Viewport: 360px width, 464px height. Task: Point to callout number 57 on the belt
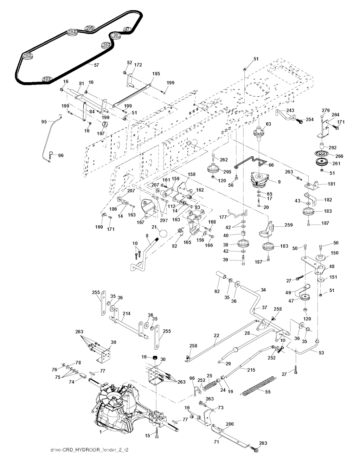click(x=96, y=65)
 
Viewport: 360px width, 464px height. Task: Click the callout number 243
click(x=290, y=110)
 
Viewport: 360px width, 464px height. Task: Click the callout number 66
click(x=271, y=165)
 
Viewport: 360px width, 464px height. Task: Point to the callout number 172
click(x=138, y=65)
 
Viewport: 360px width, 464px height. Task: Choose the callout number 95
click(x=44, y=122)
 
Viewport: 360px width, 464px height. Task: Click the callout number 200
click(x=229, y=424)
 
